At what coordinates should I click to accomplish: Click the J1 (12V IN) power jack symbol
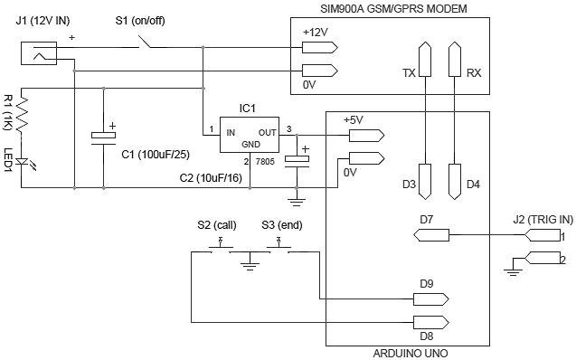pyautogui.click(x=38, y=54)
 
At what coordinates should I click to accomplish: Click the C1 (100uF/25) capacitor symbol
pyautogui.click(x=104, y=137)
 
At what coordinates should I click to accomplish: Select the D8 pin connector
pyautogui.click(x=430, y=321)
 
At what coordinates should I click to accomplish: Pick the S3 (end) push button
pyautogui.click(x=279, y=250)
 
